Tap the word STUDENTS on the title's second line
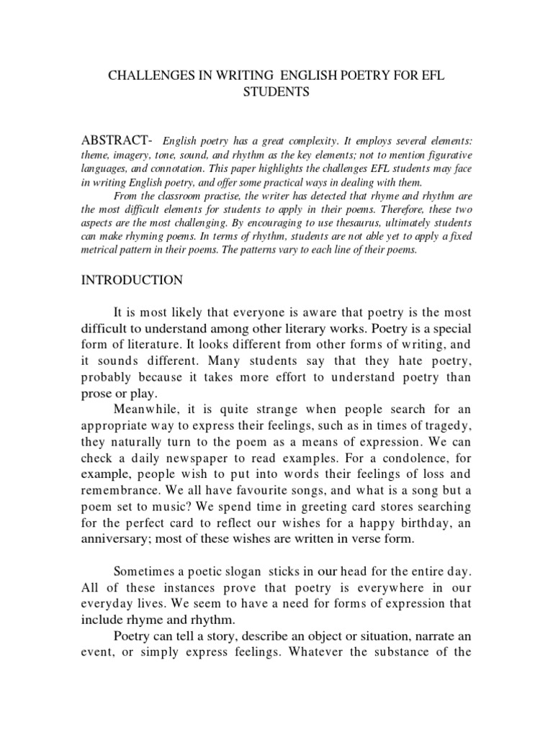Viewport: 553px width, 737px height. [x=276, y=92]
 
